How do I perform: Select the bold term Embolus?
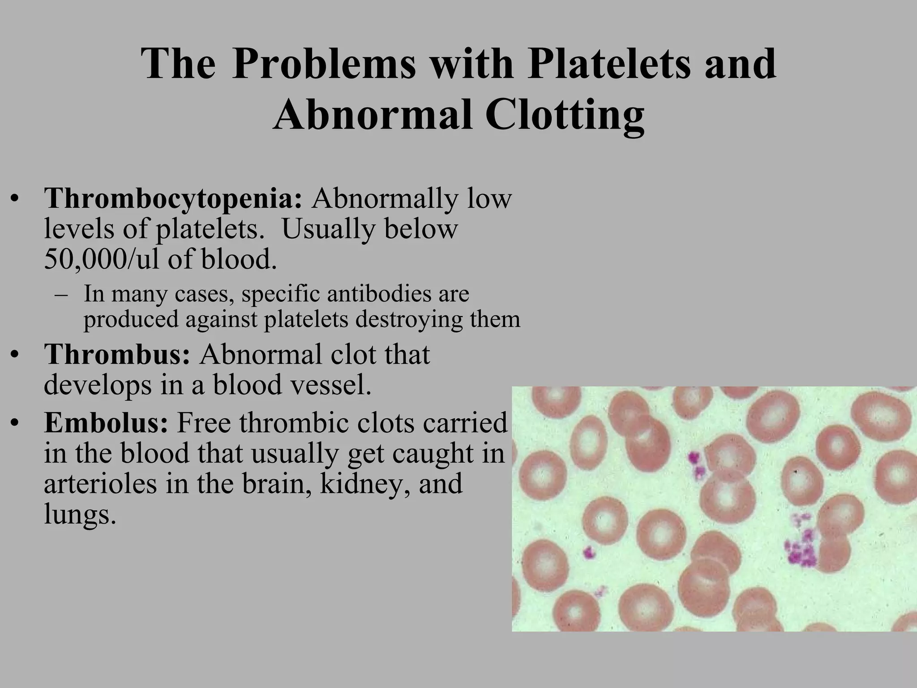(x=106, y=422)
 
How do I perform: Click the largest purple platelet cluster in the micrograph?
(x=801, y=549)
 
